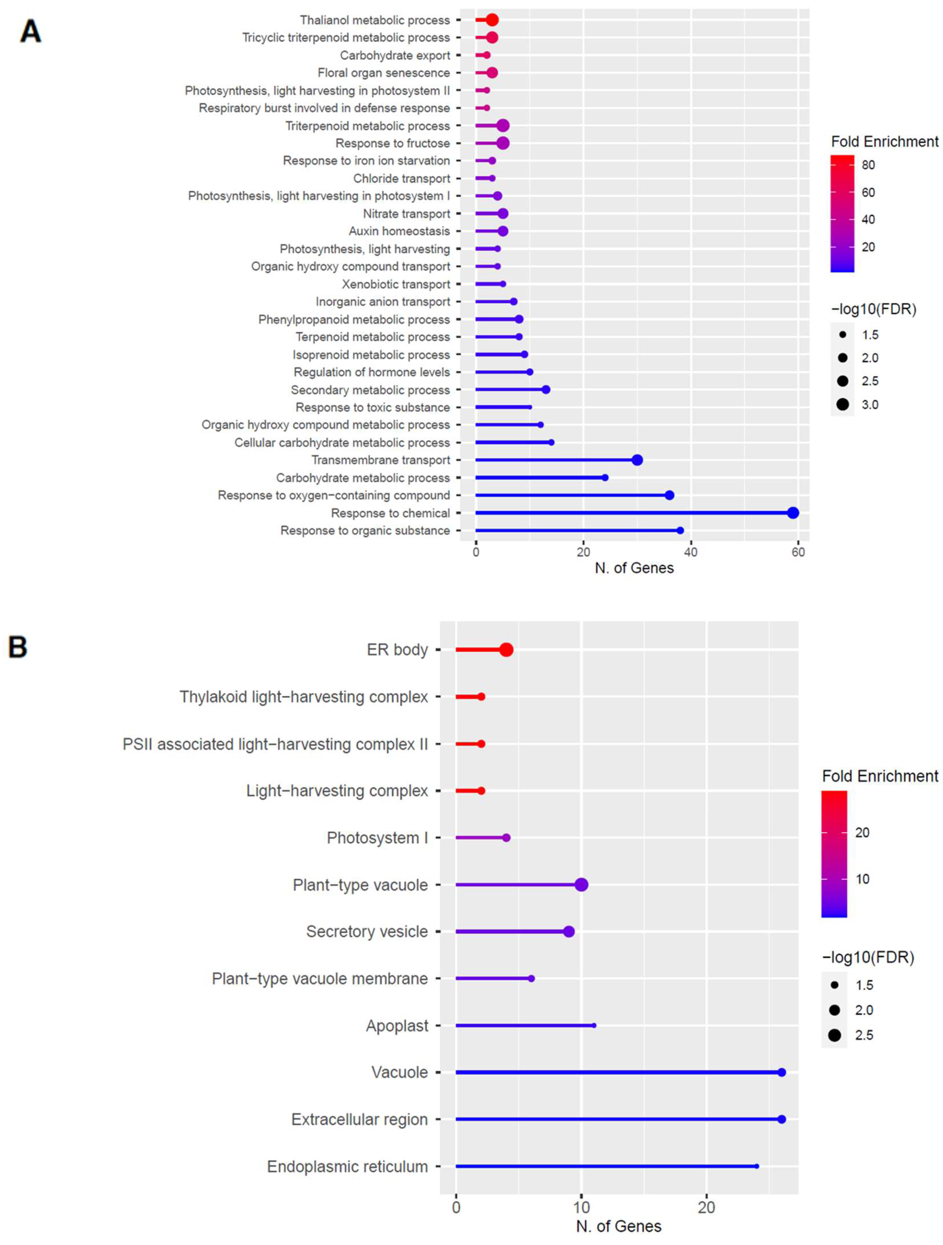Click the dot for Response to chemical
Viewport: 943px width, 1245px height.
click(x=793, y=513)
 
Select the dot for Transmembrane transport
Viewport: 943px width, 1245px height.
click(x=637, y=460)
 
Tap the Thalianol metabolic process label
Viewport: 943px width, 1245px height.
click(x=375, y=20)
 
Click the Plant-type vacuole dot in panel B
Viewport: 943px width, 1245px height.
click(x=581, y=885)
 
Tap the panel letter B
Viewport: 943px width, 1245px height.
click(x=17, y=647)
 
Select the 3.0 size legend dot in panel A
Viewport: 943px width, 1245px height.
click(x=842, y=404)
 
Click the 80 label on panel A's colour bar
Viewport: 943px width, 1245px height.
click(x=868, y=165)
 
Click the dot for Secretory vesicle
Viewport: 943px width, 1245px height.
click(x=569, y=932)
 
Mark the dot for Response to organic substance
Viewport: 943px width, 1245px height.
click(x=680, y=530)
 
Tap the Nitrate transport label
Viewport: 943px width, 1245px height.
click(x=406, y=214)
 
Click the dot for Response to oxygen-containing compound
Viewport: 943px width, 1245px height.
click(x=669, y=495)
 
